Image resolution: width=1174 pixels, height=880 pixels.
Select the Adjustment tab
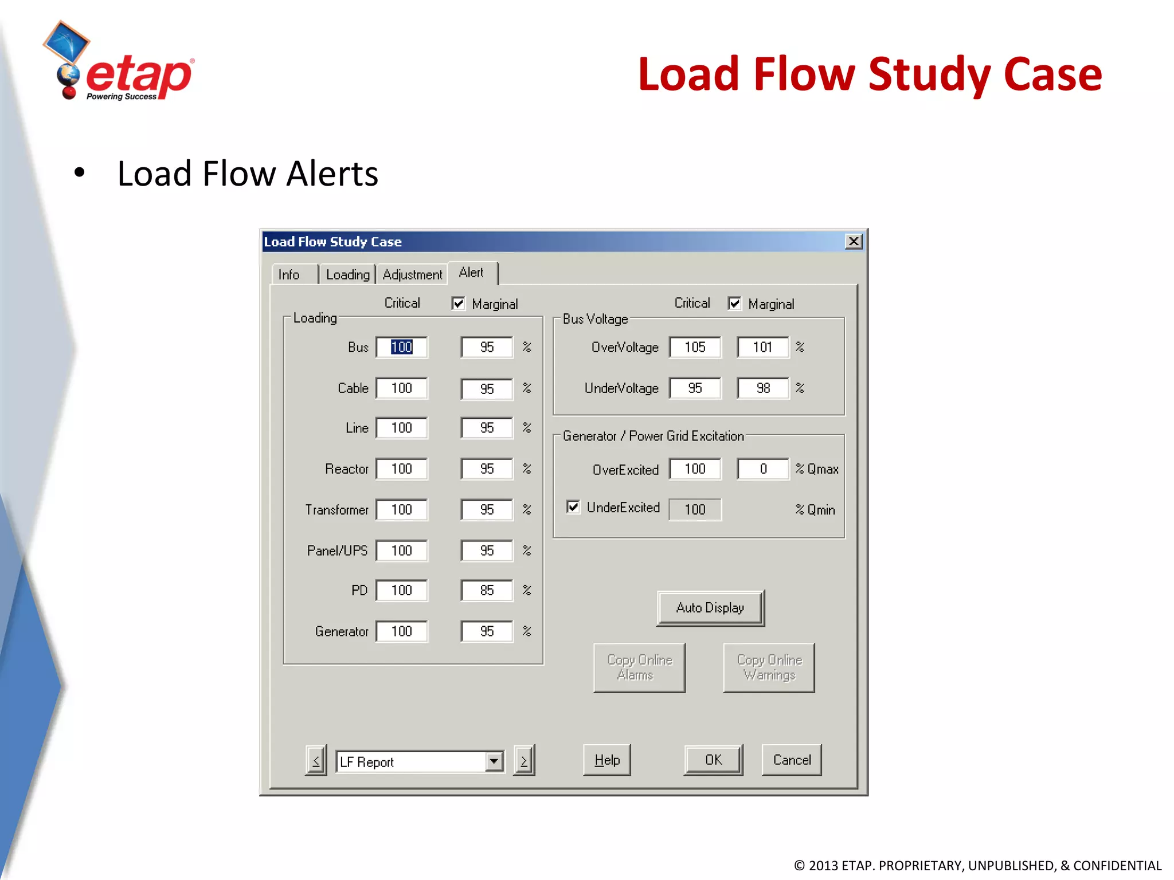click(412, 274)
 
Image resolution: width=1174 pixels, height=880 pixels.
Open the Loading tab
click(347, 274)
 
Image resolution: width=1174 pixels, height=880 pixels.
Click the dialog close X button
click(854, 242)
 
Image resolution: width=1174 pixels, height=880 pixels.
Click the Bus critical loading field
click(401, 347)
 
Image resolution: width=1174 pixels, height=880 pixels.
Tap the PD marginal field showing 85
click(487, 590)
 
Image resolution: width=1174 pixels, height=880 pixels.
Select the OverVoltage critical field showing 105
click(695, 347)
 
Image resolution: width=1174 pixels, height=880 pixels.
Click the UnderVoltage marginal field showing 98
click(762, 388)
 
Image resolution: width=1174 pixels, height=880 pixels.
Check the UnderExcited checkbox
click(573, 507)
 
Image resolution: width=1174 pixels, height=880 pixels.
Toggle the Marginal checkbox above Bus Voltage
click(734, 303)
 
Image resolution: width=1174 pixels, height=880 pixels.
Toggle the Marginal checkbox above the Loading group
click(458, 303)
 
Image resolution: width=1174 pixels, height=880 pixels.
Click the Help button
click(606, 760)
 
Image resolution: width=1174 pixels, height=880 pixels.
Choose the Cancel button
click(792, 760)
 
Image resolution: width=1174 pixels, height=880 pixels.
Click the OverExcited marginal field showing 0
click(762, 469)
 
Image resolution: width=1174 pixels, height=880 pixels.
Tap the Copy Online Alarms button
click(639, 667)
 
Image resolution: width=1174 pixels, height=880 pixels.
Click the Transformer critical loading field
click(401, 510)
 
